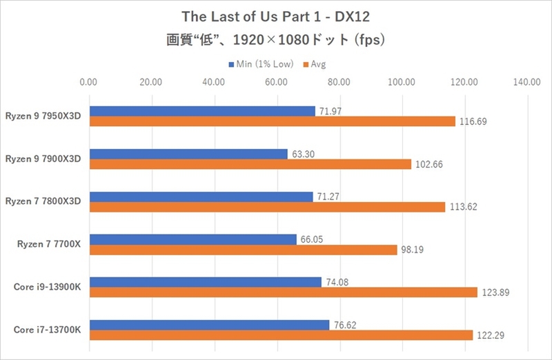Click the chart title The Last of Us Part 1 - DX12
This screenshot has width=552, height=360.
click(x=276, y=16)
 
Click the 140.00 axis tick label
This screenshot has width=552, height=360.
click(x=526, y=82)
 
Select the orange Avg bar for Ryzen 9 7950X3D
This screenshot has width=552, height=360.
click(x=272, y=121)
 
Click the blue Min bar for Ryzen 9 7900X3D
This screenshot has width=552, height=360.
click(x=188, y=154)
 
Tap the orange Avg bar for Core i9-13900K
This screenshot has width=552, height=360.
click(x=283, y=292)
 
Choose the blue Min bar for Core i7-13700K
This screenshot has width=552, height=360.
click(x=208, y=325)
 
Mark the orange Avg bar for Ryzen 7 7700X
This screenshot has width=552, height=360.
click(x=243, y=250)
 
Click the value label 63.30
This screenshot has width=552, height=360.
click(x=304, y=154)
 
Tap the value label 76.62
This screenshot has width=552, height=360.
click(x=345, y=325)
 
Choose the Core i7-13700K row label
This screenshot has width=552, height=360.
click(x=48, y=330)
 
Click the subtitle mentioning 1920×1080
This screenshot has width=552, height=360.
click(x=276, y=40)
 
